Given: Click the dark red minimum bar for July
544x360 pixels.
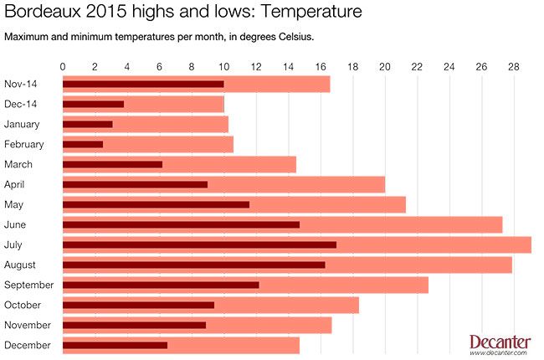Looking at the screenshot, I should [x=199, y=244].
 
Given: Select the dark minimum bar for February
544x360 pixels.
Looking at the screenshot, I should [x=83, y=144].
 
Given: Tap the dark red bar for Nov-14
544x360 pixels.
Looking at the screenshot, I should [x=143, y=84].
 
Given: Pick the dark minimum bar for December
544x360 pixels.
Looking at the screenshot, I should [x=115, y=345].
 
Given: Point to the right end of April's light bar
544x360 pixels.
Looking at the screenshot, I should [x=383, y=184].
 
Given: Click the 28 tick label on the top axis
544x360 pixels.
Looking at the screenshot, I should [x=513, y=66].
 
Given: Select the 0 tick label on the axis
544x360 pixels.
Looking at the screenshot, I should [x=64, y=66].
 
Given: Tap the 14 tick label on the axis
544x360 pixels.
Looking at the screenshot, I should [x=288, y=66].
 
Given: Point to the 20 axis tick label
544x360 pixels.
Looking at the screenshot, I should [x=384, y=66].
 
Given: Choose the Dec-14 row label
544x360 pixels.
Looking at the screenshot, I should [x=21, y=104].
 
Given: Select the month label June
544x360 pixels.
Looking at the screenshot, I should [x=15, y=224].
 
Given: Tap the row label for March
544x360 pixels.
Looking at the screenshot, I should [x=18, y=164].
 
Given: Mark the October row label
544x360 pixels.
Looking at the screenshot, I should [x=22, y=305].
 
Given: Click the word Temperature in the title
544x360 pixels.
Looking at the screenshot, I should [x=310, y=13].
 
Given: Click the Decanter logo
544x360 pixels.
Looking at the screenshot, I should [x=500, y=342].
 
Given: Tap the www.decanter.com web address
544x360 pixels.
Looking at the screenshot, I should [x=500, y=353].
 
